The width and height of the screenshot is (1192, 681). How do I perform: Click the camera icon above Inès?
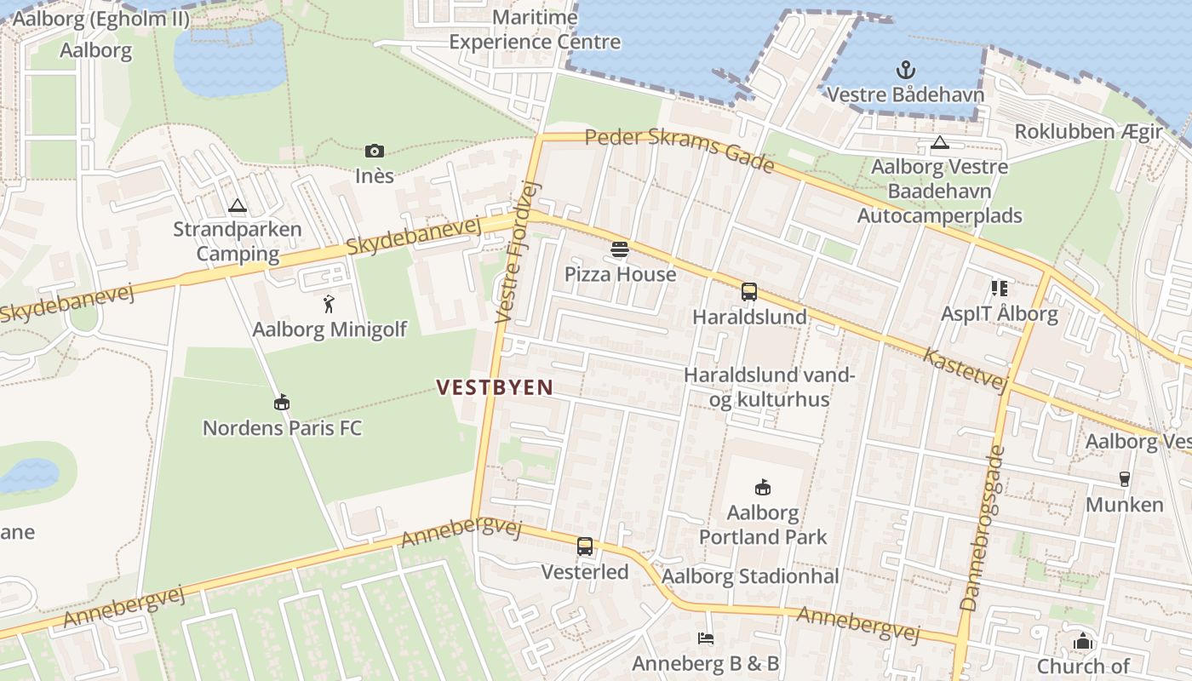(374, 152)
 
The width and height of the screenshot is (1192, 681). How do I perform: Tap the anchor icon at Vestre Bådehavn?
(905, 70)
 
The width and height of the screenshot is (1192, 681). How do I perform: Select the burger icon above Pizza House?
(619, 249)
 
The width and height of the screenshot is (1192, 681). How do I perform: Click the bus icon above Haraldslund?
(749, 292)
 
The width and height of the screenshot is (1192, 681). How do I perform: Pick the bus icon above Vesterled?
(585, 547)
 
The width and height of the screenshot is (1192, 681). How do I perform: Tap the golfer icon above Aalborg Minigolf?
(330, 304)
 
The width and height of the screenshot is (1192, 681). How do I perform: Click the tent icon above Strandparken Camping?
(237, 205)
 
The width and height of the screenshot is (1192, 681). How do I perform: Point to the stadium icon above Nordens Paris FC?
(282, 402)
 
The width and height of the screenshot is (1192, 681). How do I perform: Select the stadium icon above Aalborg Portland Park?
(763, 487)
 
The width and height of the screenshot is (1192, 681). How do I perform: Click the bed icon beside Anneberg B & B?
(705, 638)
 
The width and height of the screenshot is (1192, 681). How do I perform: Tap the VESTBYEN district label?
(495, 387)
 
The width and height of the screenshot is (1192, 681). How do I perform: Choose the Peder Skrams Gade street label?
(679, 150)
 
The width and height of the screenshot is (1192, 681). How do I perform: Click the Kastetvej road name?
(966, 370)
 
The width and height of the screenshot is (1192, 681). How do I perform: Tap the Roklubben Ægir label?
(1088, 132)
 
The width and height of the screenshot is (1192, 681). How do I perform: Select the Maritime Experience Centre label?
(535, 30)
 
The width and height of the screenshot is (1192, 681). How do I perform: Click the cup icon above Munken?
(1124, 479)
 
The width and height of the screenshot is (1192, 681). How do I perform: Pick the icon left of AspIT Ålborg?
(999, 289)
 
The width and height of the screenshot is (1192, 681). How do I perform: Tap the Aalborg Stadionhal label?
(750, 576)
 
